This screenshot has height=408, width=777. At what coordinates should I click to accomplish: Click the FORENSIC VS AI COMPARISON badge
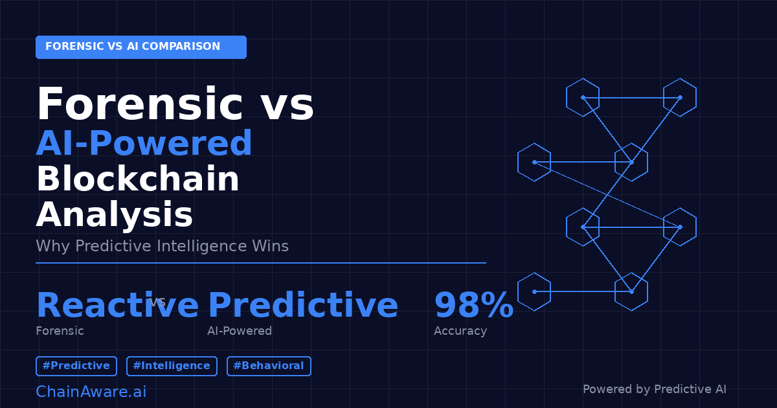(x=141, y=47)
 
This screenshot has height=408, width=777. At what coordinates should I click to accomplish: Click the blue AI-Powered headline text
(x=144, y=144)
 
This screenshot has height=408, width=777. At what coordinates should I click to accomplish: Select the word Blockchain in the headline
(x=138, y=179)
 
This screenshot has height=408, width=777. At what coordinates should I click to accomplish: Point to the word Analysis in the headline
(x=115, y=215)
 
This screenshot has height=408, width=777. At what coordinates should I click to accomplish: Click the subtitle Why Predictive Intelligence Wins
(x=162, y=246)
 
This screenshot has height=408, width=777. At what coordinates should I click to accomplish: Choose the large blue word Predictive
(x=302, y=306)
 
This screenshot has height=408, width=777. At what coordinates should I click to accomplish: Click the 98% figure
(x=473, y=306)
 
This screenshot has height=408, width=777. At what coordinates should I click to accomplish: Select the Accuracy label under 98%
(x=460, y=331)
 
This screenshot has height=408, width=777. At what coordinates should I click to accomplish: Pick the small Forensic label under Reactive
(x=60, y=331)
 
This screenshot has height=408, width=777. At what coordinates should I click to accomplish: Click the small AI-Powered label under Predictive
(x=240, y=331)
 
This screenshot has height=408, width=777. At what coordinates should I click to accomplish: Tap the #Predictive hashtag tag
(x=76, y=366)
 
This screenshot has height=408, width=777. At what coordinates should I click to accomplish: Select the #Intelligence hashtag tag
(x=172, y=366)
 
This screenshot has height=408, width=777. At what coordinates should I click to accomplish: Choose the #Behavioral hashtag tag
(x=269, y=366)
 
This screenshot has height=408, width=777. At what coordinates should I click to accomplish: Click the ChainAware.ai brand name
(x=91, y=392)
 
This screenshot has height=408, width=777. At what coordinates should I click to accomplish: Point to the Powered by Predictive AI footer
(x=654, y=389)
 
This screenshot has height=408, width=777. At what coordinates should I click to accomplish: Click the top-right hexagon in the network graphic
(x=680, y=97)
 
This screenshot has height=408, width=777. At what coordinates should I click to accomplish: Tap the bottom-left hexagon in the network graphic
(x=534, y=291)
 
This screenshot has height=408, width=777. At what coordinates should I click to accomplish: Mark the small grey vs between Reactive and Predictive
(x=157, y=302)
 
